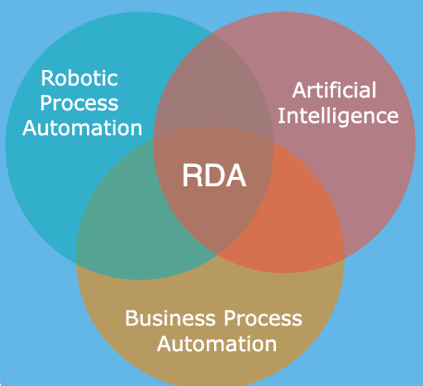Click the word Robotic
[79, 78]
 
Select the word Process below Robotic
[79, 103]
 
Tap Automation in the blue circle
[82, 128]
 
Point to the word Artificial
[335, 90]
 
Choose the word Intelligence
[338, 116]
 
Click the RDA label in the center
[215, 176]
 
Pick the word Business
[170, 318]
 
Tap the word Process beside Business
[263, 318]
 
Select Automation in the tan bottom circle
[217, 344]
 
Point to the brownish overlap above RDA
[213, 89]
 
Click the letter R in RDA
[193, 176]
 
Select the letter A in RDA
[235, 176]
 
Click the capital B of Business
[131, 318]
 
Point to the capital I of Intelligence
[280, 116]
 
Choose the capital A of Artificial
[300, 90]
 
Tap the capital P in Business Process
[230, 318]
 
